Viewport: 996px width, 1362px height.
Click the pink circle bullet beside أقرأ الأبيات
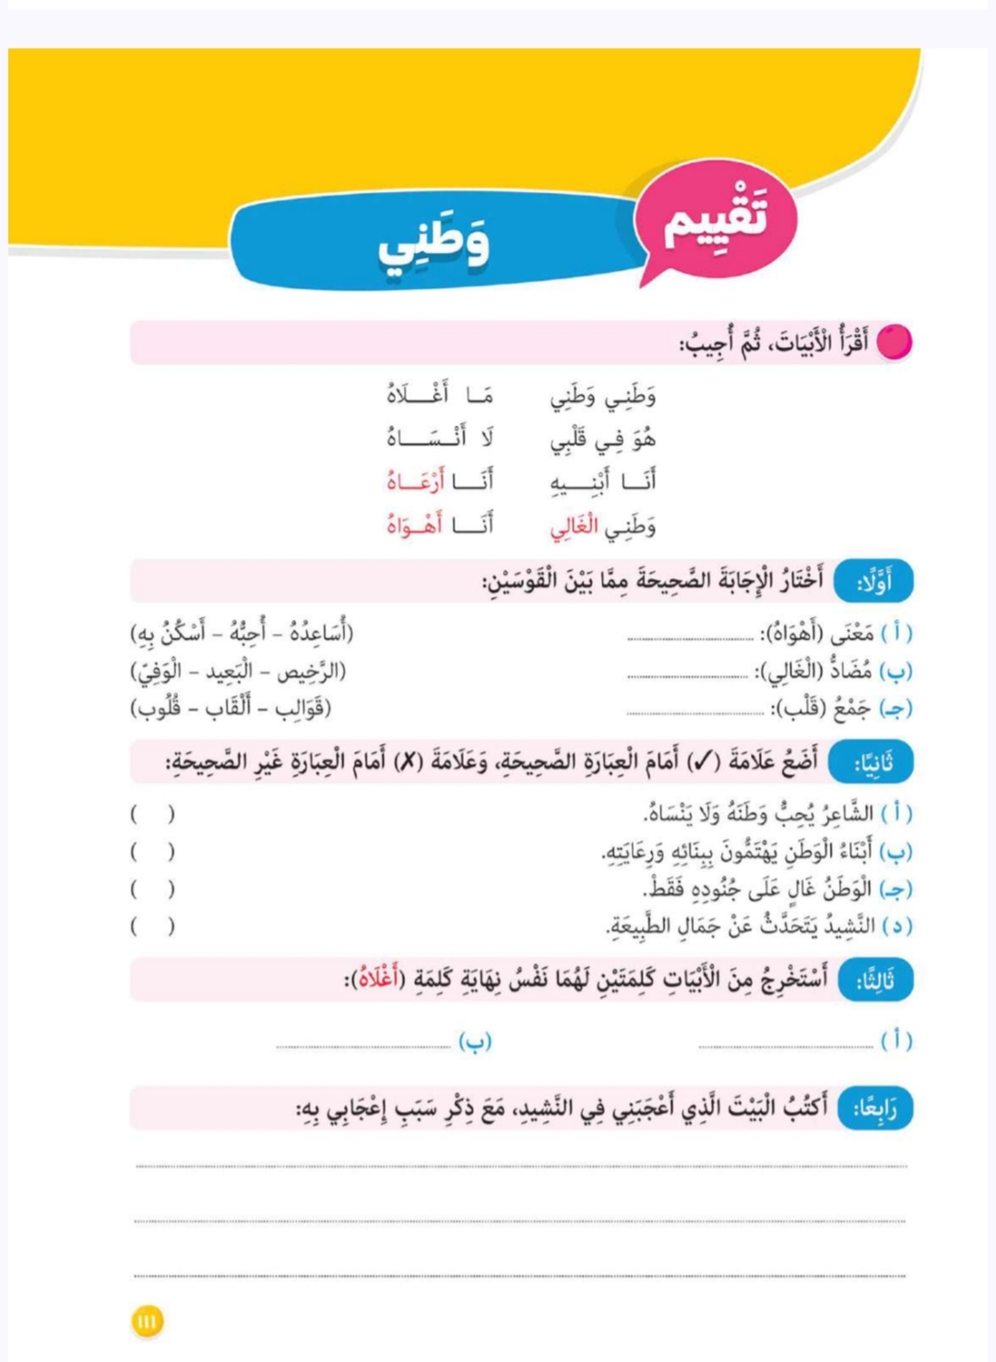click(x=894, y=342)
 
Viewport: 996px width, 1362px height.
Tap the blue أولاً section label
click(x=873, y=582)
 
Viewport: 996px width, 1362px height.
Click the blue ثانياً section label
click(x=871, y=763)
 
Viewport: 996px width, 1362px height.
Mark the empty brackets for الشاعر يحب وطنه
click(x=152, y=815)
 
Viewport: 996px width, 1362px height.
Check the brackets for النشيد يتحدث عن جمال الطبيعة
click(x=152, y=926)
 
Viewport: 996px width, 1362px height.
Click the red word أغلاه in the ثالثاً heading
click(x=380, y=979)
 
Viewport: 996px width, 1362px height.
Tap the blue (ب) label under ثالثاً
click(x=475, y=1041)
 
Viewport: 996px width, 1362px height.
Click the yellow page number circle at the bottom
click(x=147, y=1321)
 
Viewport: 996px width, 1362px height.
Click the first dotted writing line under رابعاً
click(x=521, y=1166)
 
